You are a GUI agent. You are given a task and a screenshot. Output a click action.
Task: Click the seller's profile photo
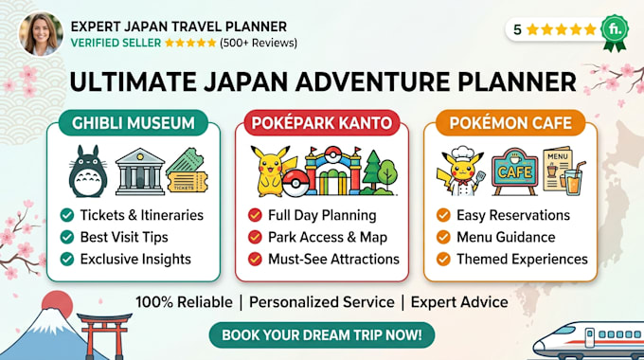41,34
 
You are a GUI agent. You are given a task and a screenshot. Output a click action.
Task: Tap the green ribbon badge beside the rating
615,32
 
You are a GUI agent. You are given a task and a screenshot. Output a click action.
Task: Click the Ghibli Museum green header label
134,123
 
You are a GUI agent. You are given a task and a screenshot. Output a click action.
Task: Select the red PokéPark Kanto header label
322,123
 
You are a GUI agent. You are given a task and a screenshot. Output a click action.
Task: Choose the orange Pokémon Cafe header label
510,123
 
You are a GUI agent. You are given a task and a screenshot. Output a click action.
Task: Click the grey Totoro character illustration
88,171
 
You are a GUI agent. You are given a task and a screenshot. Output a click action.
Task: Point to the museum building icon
139,171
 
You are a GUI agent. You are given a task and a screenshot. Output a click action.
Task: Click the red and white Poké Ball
295,183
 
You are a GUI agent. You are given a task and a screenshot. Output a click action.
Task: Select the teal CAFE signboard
514,171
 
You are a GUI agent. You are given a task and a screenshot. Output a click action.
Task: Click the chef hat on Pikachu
463,152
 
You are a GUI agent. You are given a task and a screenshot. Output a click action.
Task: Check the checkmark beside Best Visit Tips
67,237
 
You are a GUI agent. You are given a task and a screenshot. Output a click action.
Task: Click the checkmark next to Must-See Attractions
255,259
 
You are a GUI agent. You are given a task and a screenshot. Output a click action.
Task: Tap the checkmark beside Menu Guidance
443,237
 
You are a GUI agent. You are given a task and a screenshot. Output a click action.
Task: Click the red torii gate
104,336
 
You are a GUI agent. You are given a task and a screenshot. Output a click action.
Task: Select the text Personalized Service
322,302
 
